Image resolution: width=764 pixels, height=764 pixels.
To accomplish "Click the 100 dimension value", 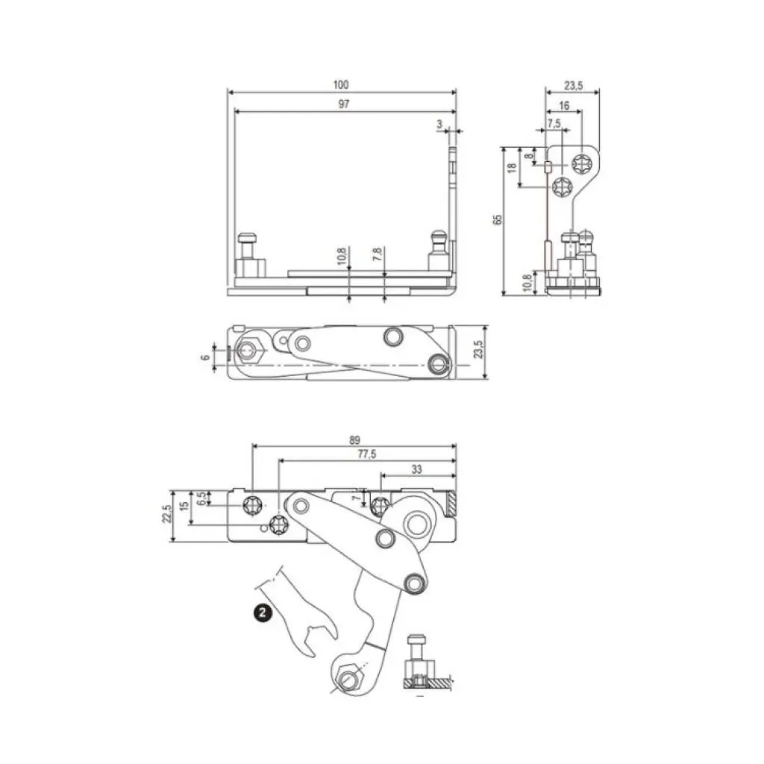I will [x=342, y=85].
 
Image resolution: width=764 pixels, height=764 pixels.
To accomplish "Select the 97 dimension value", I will [x=343, y=104].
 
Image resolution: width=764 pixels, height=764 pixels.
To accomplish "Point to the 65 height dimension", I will [x=498, y=219].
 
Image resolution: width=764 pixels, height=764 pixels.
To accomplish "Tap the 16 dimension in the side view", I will [x=563, y=107].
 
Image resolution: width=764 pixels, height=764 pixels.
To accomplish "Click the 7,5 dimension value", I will [x=554, y=123].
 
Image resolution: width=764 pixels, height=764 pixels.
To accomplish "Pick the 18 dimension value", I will [x=512, y=169].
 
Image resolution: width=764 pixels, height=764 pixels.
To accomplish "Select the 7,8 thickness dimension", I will [x=379, y=256].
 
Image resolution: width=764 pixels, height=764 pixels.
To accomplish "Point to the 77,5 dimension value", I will [x=366, y=454].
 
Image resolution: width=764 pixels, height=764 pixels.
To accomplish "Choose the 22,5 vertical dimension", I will [x=166, y=516].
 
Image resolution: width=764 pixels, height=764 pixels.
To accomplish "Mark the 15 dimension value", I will [x=184, y=507].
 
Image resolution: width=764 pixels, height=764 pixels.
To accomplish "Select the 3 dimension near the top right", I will [x=440, y=123].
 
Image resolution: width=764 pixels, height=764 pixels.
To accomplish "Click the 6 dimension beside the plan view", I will [x=205, y=357].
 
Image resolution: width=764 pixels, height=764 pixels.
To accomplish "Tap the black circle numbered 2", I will [x=262, y=613].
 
